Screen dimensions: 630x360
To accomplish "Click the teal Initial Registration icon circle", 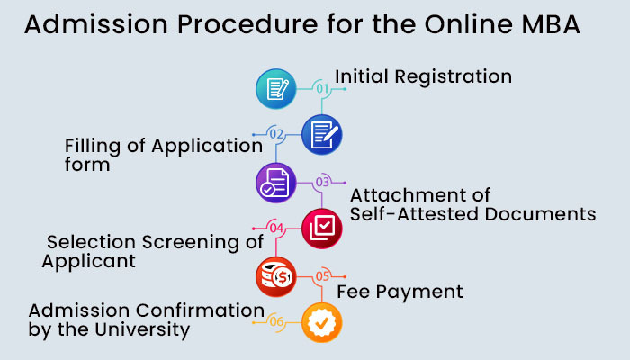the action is pos(276,89).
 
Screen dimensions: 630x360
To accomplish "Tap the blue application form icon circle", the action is pos(322,135).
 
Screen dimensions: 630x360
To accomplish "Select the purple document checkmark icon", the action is pos(276,183).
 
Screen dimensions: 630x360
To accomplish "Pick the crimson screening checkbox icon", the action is pos(322,229).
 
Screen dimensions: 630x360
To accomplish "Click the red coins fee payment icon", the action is pos(276,277).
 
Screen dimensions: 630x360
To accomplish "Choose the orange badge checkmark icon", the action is pos(322,322).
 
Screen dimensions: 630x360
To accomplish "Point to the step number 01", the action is pos(322,88).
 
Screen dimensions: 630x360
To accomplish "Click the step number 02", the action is pos(276,134).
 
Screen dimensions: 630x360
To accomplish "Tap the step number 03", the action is pos(322,183).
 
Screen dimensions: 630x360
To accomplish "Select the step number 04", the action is pos(276,229).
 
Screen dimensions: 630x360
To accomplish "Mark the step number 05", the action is pos(322,276).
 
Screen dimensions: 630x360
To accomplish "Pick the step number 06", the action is pos(276,322).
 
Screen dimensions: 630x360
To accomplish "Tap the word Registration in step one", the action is pos(454,76).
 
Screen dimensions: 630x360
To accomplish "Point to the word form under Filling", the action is pos(87,165).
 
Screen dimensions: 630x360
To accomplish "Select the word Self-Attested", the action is pos(414,214).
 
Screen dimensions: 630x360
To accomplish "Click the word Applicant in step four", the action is pos(89,262).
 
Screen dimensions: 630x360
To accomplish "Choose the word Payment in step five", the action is pos(419,292).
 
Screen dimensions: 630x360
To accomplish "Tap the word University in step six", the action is pos(142,330).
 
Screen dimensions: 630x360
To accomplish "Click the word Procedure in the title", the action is pos(247,24).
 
